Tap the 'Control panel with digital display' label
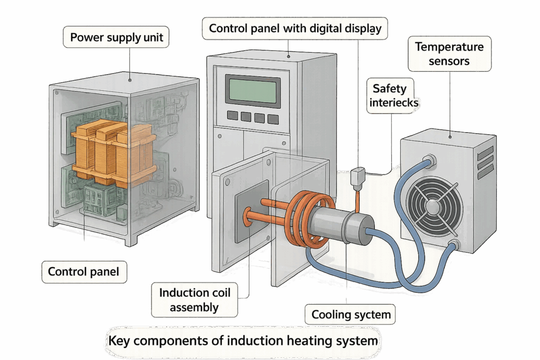click(295, 28)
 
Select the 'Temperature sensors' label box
click(449, 54)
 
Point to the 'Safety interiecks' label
click(393, 95)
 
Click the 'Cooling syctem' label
click(351, 315)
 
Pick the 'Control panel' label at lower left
click(83, 272)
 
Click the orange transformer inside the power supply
click(113, 150)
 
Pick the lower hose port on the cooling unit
click(453, 245)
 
